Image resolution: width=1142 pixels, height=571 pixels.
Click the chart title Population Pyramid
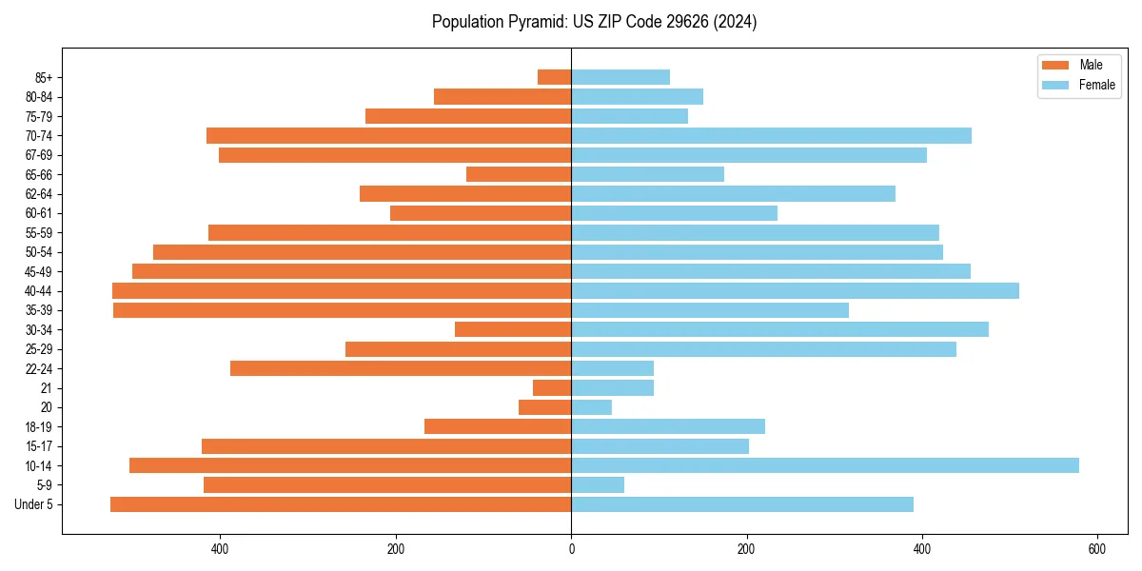pos(594,22)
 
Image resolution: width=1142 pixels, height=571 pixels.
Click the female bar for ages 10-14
pos(824,465)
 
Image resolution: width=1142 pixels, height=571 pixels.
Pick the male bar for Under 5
pos(341,504)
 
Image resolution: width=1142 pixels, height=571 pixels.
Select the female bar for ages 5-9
pos(598,485)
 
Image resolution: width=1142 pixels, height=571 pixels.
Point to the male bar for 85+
pos(554,77)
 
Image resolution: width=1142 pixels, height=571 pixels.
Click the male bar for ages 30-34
pos(513,329)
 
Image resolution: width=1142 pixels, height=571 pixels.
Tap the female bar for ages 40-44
pos(795,291)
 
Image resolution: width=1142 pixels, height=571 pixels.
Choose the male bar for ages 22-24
pos(401,368)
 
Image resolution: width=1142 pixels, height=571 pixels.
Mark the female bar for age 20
pos(591,407)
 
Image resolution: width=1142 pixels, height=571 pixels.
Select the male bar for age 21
pos(552,388)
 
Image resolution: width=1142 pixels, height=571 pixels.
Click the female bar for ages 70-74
pos(771,136)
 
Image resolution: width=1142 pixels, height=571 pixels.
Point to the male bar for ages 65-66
pos(519,174)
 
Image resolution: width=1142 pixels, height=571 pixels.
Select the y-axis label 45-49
pos(38,271)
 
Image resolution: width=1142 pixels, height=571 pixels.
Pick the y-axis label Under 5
pos(33,504)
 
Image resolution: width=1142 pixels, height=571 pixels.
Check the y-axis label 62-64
pos(38,194)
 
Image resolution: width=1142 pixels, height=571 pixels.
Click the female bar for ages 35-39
pos(710,310)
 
